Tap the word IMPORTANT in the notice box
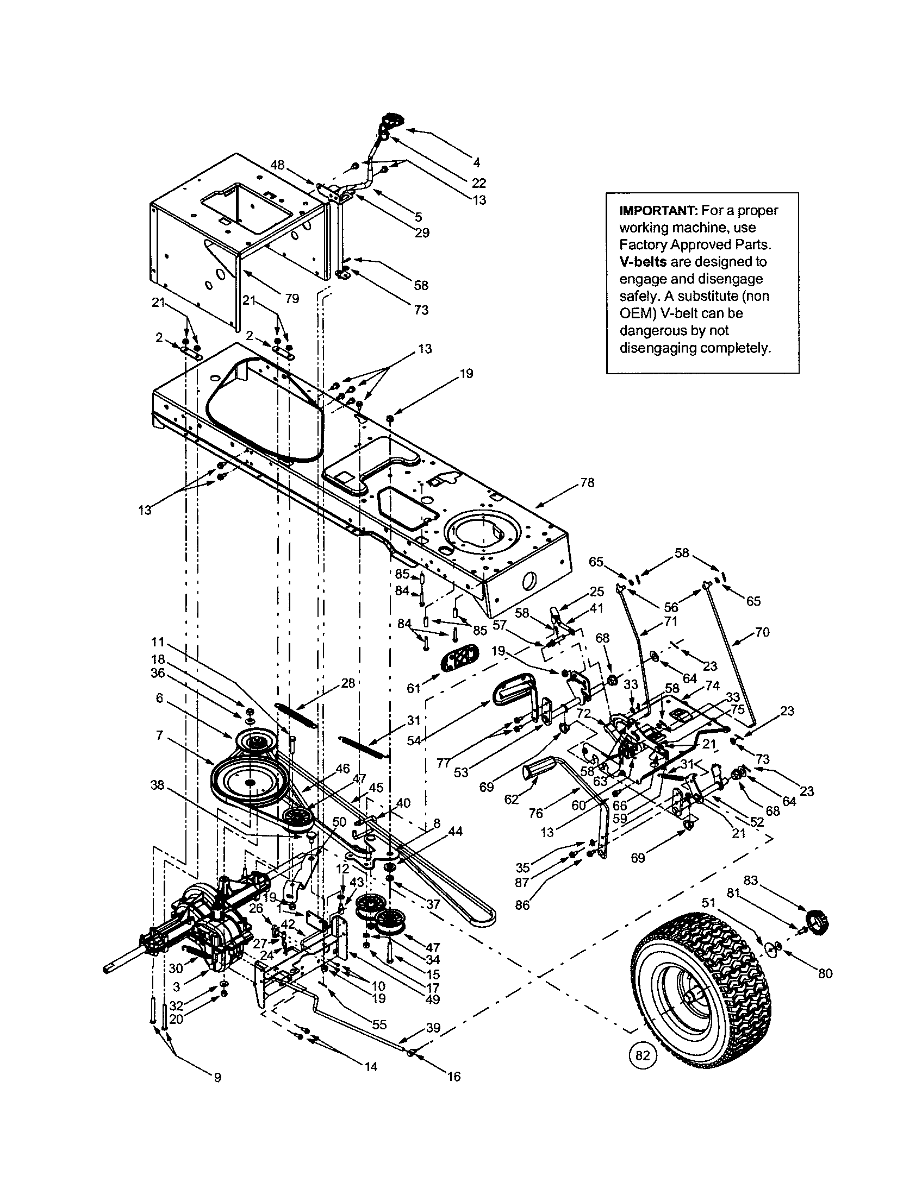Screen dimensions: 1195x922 [x=655, y=210]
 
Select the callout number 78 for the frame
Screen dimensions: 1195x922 [x=587, y=483]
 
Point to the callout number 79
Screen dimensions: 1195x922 [x=292, y=298]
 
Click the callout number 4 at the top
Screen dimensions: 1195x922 [x=476, y=162]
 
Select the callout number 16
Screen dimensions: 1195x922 [x=454, y=1076]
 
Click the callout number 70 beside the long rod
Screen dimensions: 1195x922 [x=762, y=632]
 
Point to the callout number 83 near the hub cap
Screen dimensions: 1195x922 [x=750, y=880]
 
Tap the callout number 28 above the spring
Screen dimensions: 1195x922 [x=348, y=682]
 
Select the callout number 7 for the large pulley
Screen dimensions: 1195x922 [x=159, y=735]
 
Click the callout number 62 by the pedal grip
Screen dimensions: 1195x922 [x=511, y=800]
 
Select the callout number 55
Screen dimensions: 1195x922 [x=379, y=1024]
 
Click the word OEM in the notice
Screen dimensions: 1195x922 [x=632, y=313]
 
